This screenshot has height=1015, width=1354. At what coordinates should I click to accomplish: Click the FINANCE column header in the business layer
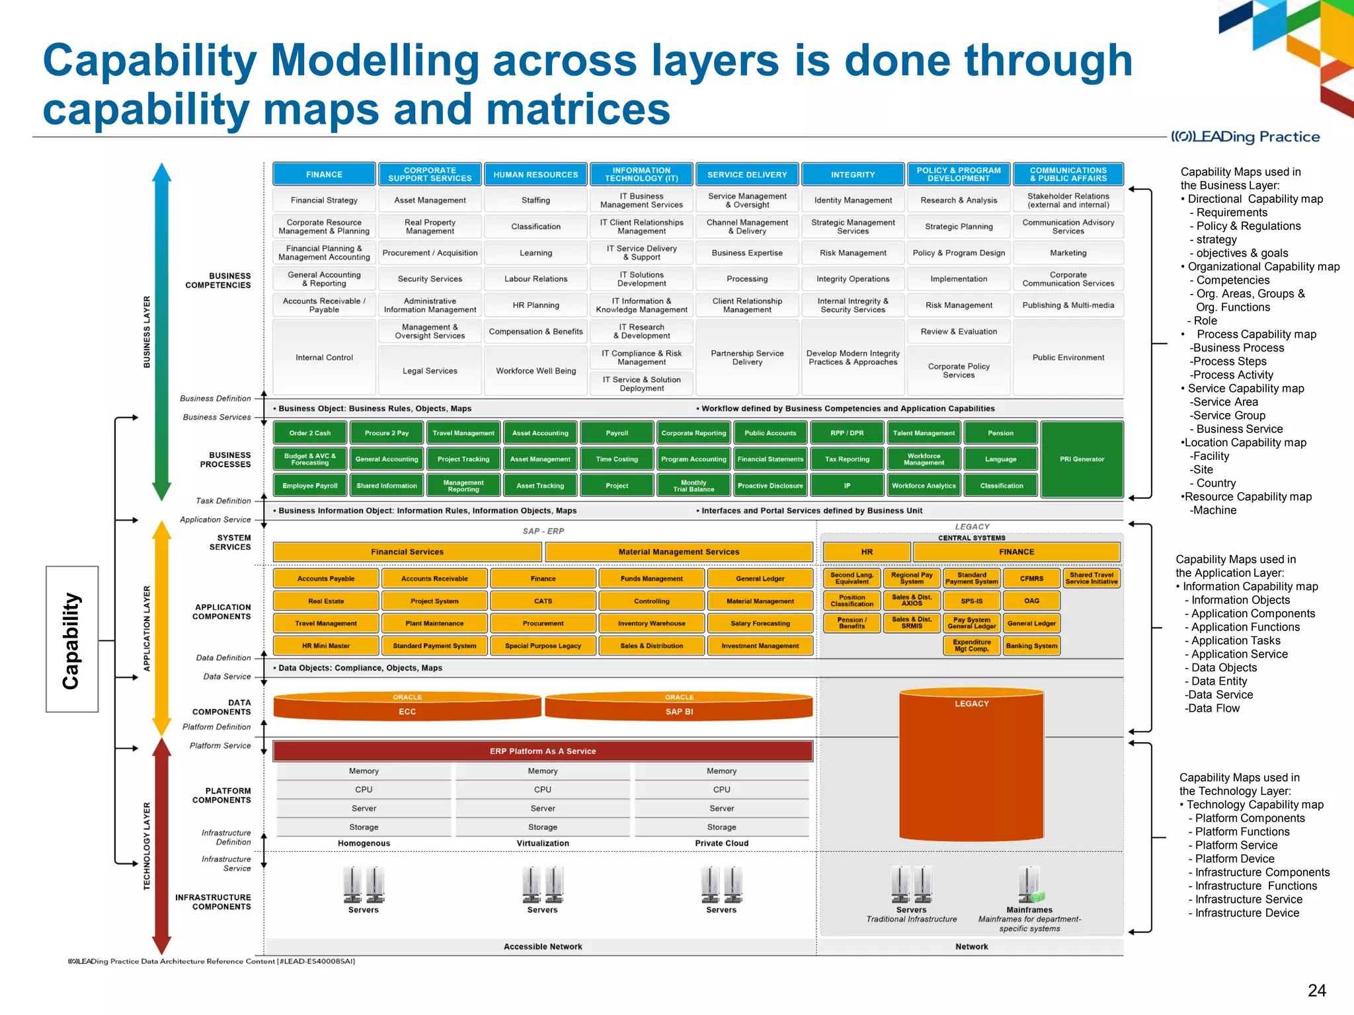coord(324,174)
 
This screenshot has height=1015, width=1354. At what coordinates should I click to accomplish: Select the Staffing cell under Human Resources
coord(536,200)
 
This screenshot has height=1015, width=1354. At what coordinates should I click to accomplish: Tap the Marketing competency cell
coord(1068,252)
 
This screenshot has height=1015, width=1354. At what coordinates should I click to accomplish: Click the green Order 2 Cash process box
coord(309,433)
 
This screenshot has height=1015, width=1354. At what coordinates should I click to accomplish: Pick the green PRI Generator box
coord(1082,459)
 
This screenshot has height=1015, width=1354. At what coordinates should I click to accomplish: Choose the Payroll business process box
coord(616,433)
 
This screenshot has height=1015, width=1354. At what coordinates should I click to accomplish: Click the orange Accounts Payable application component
coord(325,578)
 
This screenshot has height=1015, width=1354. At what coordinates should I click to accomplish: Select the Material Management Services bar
coord(678,552)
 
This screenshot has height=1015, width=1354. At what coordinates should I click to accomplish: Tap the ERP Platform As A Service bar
coord(542,751)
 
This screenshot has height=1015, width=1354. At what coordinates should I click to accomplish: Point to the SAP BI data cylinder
coord(679,708)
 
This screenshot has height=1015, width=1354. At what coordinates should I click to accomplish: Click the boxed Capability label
coord(72,639)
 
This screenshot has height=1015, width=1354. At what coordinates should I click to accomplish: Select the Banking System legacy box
coord(1031,646)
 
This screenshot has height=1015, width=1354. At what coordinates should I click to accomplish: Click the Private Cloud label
coord(721,843)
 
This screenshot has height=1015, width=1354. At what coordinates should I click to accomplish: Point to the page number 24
coord(1316,990)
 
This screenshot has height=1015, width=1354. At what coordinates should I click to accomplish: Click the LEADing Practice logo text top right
coord(1246,137)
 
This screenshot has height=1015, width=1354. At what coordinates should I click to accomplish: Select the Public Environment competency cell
coord(1068,357)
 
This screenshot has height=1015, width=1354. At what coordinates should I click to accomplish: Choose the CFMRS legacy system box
coord(1031,578)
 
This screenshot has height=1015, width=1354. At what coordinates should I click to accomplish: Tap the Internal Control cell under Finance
coord(324,357)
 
